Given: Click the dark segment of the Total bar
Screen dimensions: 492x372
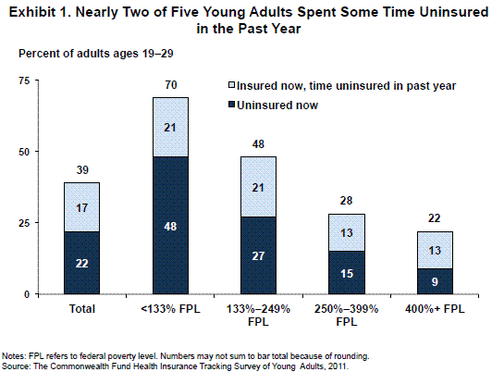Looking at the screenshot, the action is pos(82,263).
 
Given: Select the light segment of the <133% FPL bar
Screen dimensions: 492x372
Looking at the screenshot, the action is pos(170,127).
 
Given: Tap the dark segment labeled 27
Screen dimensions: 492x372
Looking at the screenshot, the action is pos(258,255).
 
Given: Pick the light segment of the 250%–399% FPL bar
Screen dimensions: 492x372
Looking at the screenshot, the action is pos(347,232).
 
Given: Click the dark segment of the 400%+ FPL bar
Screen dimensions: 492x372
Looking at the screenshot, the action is pos(435,281).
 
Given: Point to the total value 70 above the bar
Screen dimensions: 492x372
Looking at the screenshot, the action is pos(171,85).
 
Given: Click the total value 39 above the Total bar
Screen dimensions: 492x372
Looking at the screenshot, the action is pos(82,170).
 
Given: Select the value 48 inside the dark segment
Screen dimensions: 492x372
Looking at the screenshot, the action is pos(170,227).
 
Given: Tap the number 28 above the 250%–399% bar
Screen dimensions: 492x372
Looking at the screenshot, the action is pos(347,201).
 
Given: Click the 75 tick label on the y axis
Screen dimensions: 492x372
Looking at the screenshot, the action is pos(24,81).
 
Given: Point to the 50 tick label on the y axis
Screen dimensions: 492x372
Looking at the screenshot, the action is pos(24,152).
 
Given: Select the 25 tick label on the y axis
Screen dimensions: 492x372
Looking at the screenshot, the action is pos(24,223).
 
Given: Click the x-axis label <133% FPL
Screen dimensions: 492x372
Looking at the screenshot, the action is pos(170,309).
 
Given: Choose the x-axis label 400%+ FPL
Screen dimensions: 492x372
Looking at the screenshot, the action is pos(435,309).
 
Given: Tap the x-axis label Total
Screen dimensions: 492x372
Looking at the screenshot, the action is pos(82,309).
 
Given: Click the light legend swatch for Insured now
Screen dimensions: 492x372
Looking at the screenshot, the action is pos(232,85).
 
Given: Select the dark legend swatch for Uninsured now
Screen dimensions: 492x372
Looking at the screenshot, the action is pos(232,105).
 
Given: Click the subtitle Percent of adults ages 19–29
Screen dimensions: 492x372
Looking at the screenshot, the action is pos(96,54).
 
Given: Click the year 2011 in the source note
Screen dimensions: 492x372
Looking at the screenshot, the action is pos(340,366).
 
